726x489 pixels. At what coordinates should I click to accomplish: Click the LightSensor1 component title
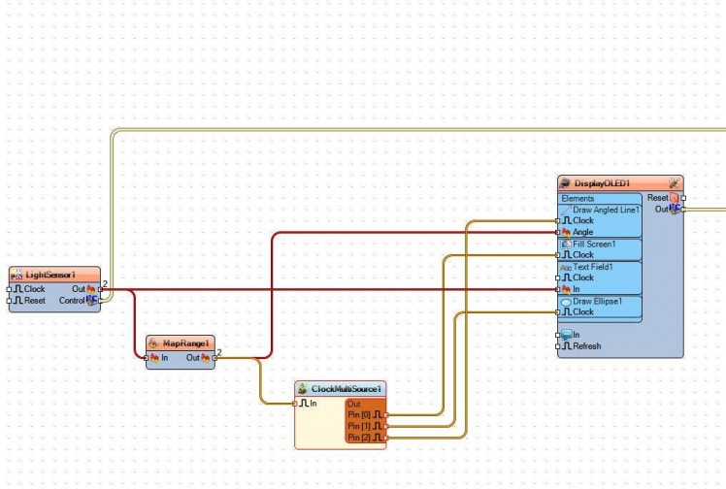[x=50, y=276]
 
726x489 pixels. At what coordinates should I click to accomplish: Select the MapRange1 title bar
[x=185, y=343]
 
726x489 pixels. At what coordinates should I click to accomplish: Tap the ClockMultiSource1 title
[x=346, y=389]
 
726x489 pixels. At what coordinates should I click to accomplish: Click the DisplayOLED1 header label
[x=603, y=183]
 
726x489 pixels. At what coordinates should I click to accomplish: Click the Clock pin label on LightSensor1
[x=34, y=289]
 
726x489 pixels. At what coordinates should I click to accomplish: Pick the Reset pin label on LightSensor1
[x=35, y=301]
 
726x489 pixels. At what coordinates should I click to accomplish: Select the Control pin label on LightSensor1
[x=72, y=301]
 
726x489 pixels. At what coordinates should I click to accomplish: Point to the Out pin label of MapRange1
[x=192, y=357]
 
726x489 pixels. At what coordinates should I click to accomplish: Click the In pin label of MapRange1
[x=164, y=357]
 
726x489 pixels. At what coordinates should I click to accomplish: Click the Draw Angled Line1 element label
[x=606, y=210]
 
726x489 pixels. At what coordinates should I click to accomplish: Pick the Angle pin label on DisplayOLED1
[x=583, y=232]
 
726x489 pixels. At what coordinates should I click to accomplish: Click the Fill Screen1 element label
[x=595, y=244]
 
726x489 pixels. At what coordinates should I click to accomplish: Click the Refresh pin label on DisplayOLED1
[x=586, y=346]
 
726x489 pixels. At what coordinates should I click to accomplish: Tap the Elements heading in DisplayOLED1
[x=577, y=198]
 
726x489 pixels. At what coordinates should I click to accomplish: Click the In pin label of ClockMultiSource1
[x=313, y=403]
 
